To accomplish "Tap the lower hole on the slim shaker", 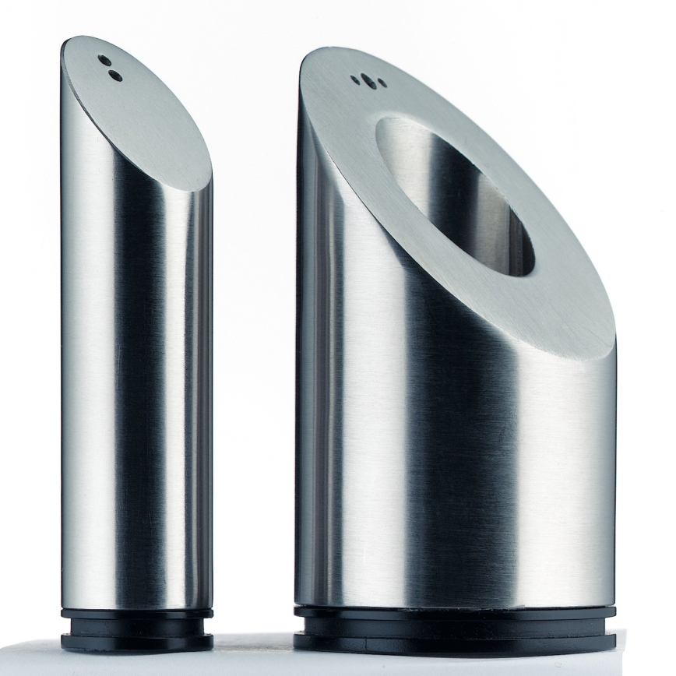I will (115, 75).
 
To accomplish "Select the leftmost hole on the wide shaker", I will (354, 79).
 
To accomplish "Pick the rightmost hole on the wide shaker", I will (381, 83).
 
